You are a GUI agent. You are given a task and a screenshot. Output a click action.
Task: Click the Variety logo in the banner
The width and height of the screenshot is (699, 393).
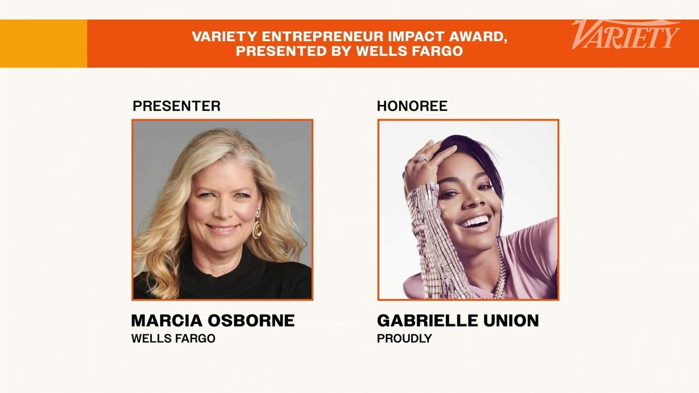coord(625,35)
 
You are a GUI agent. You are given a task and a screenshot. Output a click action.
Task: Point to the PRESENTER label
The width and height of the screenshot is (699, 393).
coord(176,106)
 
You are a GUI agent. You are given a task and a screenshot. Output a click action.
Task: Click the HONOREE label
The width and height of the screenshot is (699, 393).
coord(412,106)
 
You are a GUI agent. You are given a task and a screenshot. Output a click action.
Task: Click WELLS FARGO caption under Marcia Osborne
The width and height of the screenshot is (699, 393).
coord(173,338)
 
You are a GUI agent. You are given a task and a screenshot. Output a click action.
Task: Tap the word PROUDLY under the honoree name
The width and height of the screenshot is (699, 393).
coord(404,338)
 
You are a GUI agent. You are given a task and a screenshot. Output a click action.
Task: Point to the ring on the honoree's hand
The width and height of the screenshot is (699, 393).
coord(422,158)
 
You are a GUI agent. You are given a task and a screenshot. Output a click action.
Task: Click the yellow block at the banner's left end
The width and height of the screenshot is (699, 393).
coord(43,44)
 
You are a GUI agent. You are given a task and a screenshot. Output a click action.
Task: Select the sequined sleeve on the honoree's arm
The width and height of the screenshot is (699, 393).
coord(431,240)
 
